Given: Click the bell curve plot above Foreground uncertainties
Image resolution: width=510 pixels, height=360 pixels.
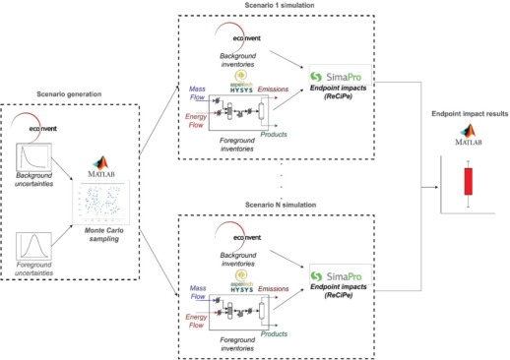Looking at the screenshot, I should (37, 240).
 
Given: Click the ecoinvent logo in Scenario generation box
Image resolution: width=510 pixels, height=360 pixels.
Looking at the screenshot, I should (36, 126).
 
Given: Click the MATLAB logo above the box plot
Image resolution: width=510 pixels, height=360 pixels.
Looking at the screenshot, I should (469, 139).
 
